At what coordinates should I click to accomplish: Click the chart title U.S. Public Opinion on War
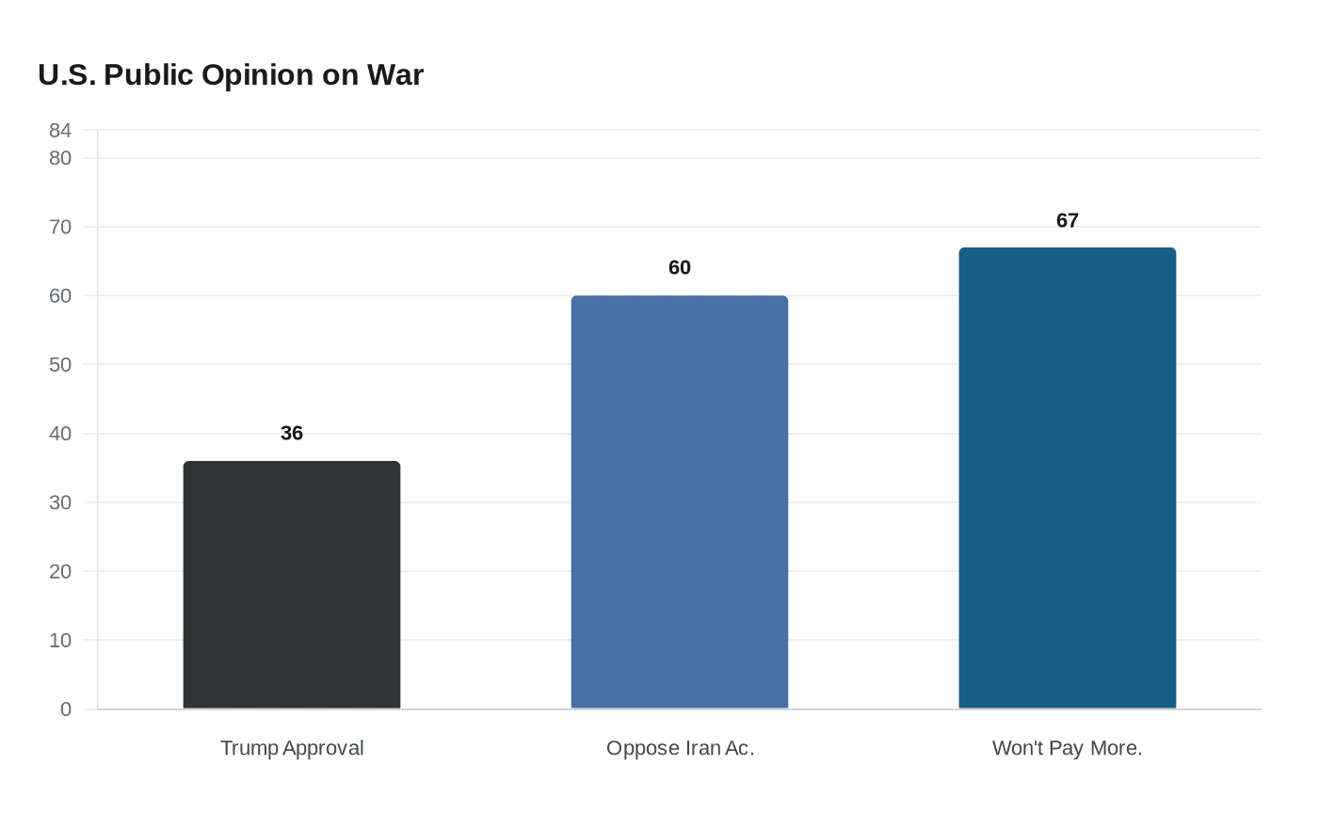(x=231, y=75)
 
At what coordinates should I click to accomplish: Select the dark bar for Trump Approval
(x=292, y=585)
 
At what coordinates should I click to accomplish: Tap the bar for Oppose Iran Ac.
(x=680, y=502)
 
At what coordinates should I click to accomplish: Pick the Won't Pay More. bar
(x=1068, y=478)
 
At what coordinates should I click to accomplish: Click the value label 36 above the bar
(x=292, y=433)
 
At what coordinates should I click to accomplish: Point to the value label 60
(x=680, y=268)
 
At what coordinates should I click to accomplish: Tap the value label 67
(x=1068, y=221)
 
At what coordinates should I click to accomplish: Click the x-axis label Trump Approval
(x=292, y=748)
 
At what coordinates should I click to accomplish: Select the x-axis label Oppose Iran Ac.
(x=680, y=748)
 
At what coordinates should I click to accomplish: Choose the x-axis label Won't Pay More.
(x=1067, y=748)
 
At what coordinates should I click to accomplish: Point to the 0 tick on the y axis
(x=66, y=709)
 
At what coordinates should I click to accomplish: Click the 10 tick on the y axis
(x=60, y=641)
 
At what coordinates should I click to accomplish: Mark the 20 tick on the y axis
(x=60, y=572)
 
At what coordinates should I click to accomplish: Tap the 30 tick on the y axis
(x=60, y=503)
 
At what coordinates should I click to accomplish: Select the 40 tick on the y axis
(x=60, y=434)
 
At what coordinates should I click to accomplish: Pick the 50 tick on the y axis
(x=60, y=365)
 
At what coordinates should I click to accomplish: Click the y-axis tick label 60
(x=60, y=296)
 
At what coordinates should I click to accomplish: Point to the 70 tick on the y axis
(x=60, y=228)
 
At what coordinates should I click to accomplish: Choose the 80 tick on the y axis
(x=60, y=158)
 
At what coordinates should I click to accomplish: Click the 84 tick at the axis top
(x=60, y=131)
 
